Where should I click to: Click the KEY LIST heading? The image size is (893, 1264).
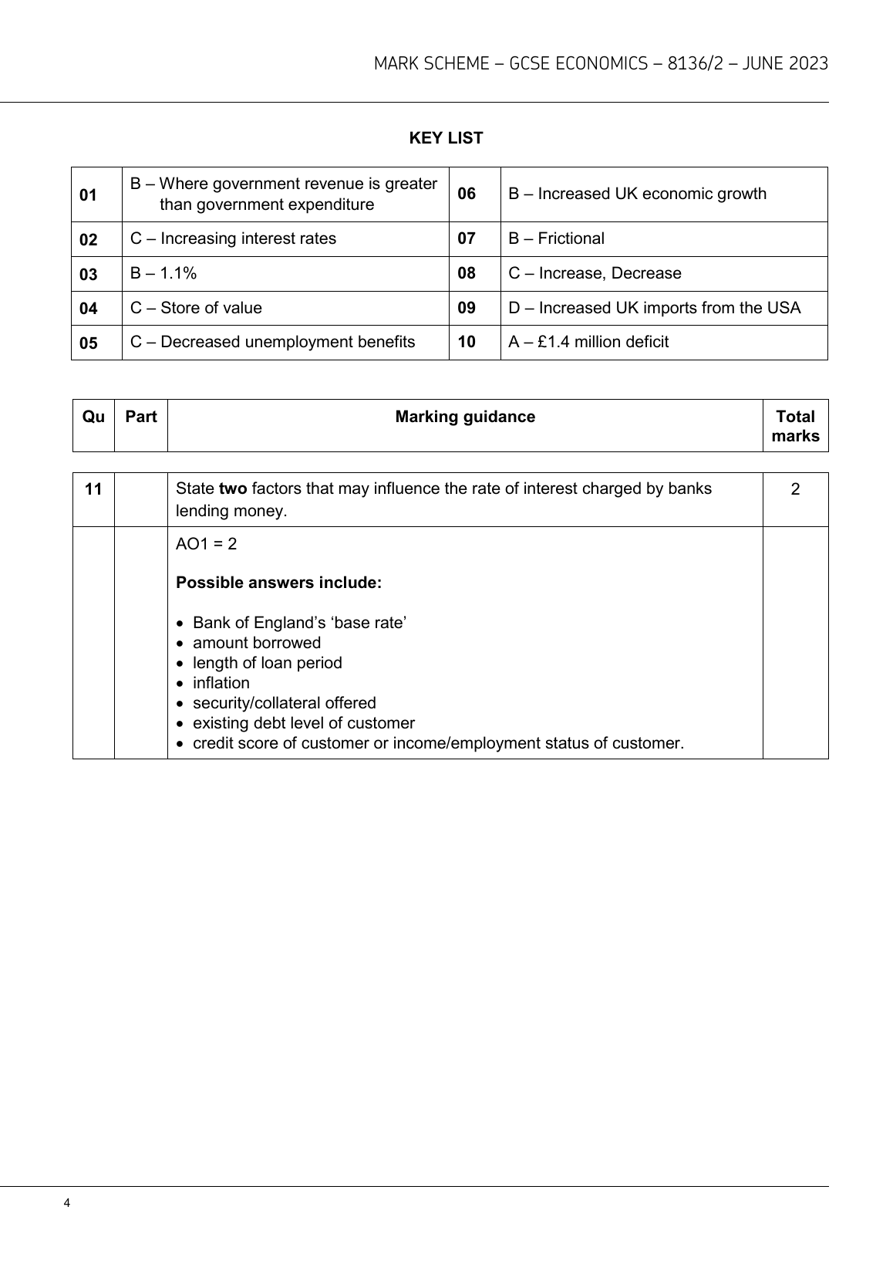[x=446, y=138]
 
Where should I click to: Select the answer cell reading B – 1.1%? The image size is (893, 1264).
[x=163, y=273]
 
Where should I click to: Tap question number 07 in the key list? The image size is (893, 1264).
[x=467, y=238]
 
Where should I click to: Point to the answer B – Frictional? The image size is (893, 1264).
[x=556, y=238]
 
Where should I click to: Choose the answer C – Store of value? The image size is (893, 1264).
[x=196, y=308]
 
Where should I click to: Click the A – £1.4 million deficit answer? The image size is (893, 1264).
[x=588, y=342]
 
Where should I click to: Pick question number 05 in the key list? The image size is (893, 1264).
[x=89, y=343]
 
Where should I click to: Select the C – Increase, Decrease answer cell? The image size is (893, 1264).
[x=595, y=273]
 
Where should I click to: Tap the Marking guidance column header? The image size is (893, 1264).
[x=465, y=417]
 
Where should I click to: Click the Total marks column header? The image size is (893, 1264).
[x=795, y=426]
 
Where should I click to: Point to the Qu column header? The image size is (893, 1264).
[x=93, y=417]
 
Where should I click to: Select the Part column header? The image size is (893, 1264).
[x=141, y=417]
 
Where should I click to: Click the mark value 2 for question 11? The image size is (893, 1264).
[x=795, y=489]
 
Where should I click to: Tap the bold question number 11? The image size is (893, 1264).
[x=93, y=489]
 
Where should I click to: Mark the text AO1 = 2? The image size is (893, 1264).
[x=207, y=544]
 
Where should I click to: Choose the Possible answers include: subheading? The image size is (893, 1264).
[x=278, y=583]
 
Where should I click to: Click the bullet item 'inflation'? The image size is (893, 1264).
[x=221, y=683]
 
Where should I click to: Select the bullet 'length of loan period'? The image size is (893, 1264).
[x=267, y=663]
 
